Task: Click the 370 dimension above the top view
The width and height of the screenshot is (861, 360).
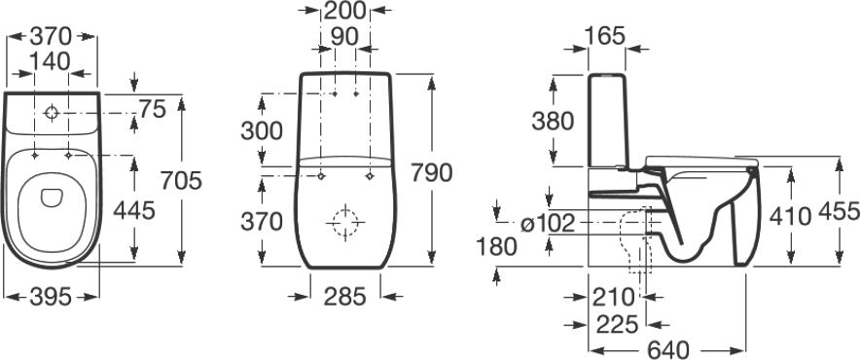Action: [51, 37]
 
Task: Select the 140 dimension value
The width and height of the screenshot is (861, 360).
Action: [50, 61]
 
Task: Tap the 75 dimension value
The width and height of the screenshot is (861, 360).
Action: [152, 110]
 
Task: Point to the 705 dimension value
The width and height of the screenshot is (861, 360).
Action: [182, 180]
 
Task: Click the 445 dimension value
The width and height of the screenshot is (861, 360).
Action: [134, 209]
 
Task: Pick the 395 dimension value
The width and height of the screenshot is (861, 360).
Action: [51, 298]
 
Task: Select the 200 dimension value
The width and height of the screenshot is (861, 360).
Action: [344, 10]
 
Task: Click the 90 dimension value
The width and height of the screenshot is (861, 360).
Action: [344, 37]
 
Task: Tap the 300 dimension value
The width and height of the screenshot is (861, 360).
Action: [262, 131]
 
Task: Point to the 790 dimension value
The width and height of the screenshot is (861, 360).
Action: [431, 172]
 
